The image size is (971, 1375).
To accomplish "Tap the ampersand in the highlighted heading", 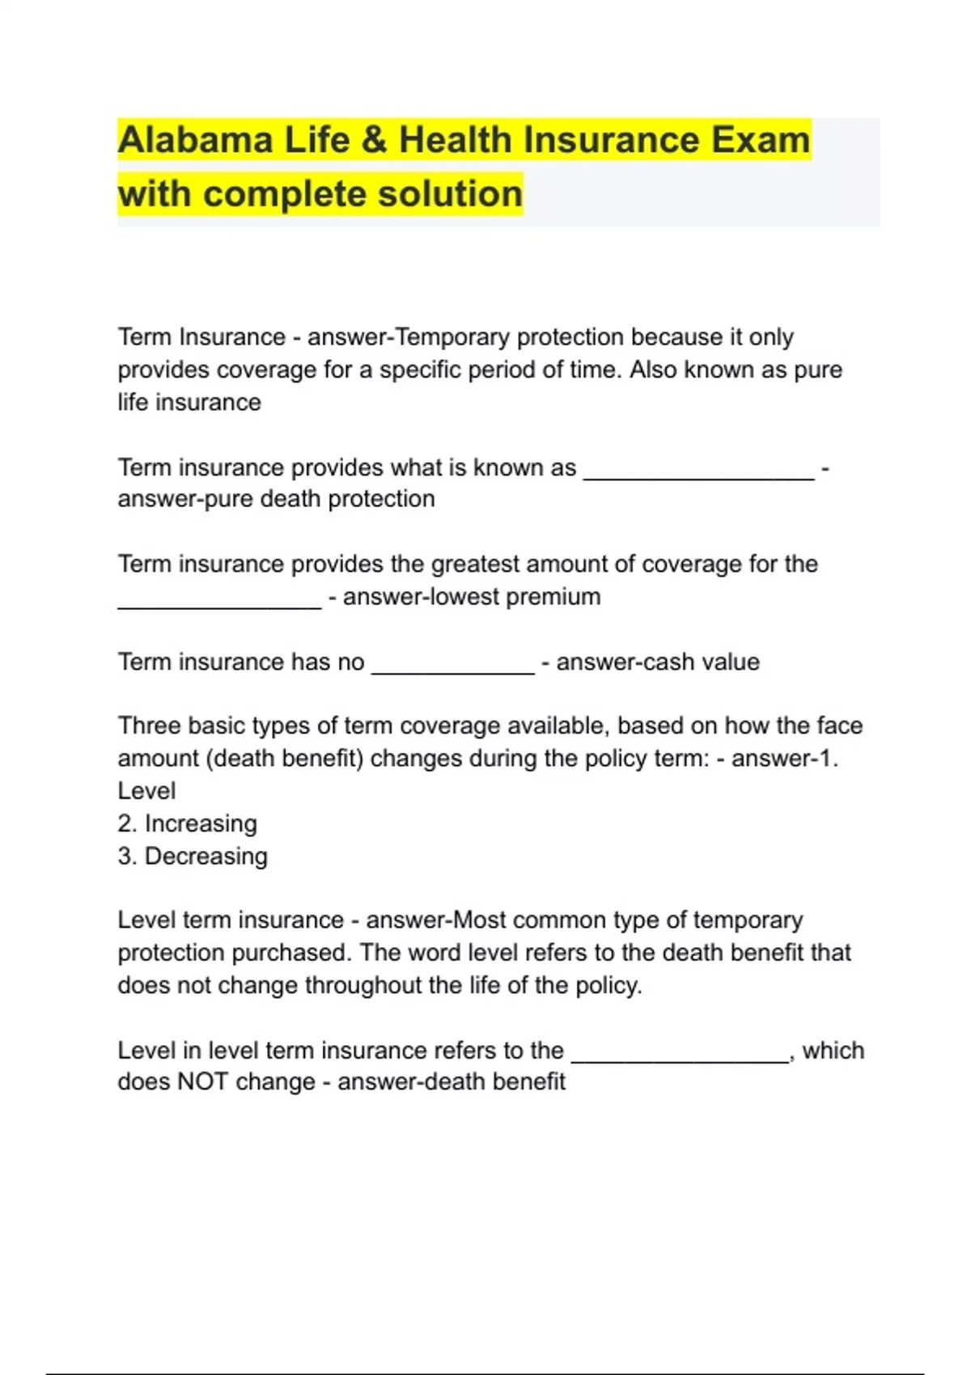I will tap(373, 140).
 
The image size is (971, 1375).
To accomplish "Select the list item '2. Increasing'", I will tap(187, 823).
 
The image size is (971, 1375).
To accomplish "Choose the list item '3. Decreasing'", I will tap(192, 856).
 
